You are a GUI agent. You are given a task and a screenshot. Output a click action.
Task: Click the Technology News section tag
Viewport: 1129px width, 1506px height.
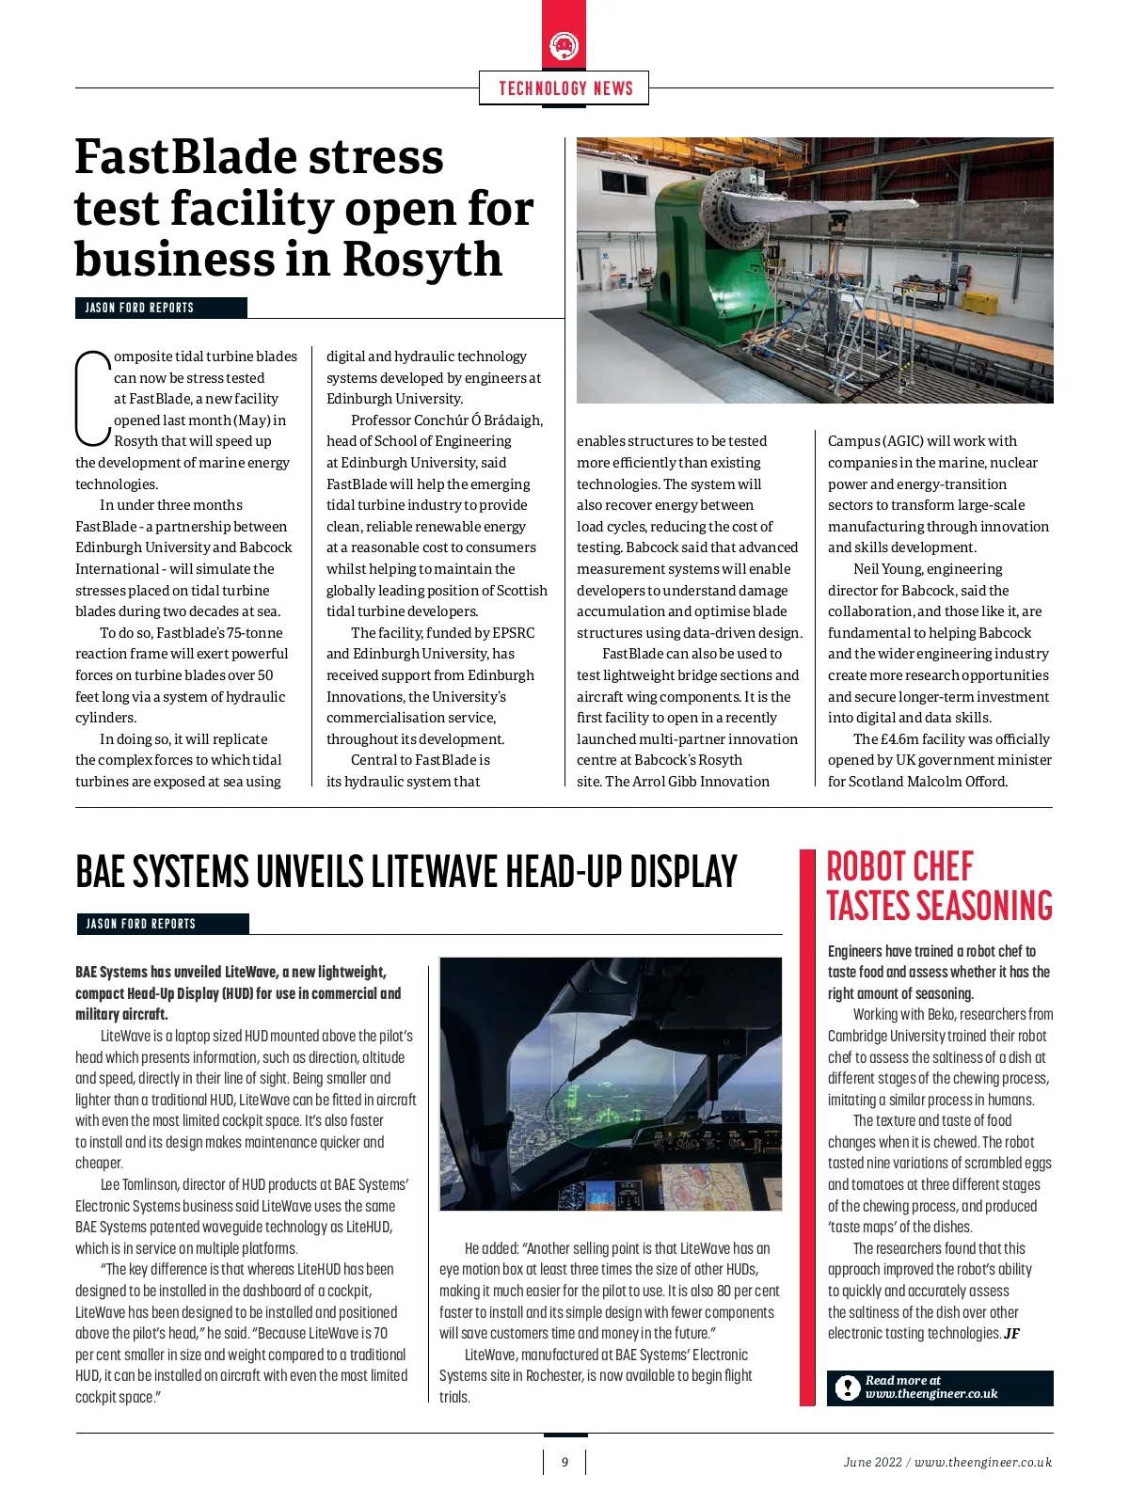point(564,88)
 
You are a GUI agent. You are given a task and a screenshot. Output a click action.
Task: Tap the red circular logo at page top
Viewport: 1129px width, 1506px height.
point(564,45)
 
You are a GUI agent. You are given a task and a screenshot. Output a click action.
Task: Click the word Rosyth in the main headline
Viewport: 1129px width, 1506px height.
point(422,260)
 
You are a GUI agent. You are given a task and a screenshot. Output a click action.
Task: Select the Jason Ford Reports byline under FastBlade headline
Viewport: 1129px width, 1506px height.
point(139,308)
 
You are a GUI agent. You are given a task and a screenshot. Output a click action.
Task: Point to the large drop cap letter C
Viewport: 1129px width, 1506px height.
point(92,397)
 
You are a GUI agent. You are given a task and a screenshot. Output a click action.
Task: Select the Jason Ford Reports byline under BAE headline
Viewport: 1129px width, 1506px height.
point(141,924)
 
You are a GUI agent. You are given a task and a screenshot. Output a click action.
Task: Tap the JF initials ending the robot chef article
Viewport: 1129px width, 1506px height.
point(1011,1334)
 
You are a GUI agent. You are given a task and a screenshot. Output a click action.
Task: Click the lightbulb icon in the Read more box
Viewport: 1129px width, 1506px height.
point(848,1387)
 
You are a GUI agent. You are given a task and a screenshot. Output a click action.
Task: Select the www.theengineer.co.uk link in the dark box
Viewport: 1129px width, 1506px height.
point(931,1394)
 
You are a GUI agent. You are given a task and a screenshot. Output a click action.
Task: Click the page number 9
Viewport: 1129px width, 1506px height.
point(564,1462)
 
